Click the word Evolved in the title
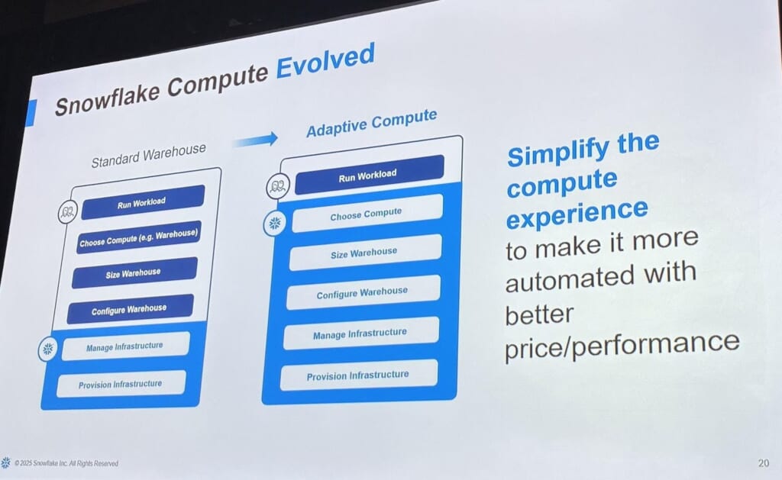pyautogui.click(x=325, y=61)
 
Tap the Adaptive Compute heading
pyautogui.click(x=372, y=123)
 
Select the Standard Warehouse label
pyautogui.click(x=149, y=155)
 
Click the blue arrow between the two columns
pyautogui.click(x=255, y=140)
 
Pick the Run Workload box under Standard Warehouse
pyautogui.click(x=143, y=202)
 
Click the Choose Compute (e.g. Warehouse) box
pyautogui.click(x=139, y=237)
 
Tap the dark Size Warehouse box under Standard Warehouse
pyautogui.click(x=134, y=272)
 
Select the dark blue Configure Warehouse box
pyautogui.click(x=130, y=309)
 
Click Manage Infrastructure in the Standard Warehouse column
pyautogui.click(x=125, y=346)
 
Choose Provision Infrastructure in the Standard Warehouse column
pyautogui.click(x=121, y=384)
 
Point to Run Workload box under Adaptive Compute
pyautogui.click(x=369, y=175)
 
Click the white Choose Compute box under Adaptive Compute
pyautogui.click(x=367, y=214)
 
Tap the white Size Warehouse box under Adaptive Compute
pyautogui.click(x=365, y=253)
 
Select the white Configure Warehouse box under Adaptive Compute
pyautogui.click(x=363, y=292)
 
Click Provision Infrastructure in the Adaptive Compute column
pyautogui.click(x=359, y=375)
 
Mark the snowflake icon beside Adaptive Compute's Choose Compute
pyautogui.click(x=275, y=224)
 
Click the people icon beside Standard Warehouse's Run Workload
pyautogui.click(x=67, y=212)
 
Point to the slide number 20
pyautogui.click(x=763, y=463)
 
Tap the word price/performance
pyautogui.click(x=622, y=344)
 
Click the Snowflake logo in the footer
pyautogui.click(x=5, y=462)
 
